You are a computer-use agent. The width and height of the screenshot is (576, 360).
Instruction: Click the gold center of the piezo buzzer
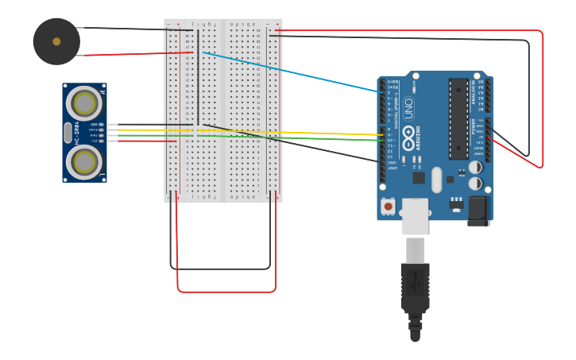click(x=56, y=41)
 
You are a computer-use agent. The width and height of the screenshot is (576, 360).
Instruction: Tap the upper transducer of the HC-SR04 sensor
click(x=83, y=103)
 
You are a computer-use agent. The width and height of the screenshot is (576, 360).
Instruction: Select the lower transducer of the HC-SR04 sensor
click(x=83, y=162)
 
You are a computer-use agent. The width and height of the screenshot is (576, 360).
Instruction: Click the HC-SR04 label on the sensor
click(x=77, y=132)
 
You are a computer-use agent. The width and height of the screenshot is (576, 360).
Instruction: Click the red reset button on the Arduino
click(x=388, y=207)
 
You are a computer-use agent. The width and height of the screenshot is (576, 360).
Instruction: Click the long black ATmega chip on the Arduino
click(x=458, y=118)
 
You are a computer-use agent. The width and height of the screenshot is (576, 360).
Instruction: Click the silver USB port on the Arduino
click(x=415, y=216)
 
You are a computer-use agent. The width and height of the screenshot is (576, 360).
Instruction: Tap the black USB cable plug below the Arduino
click(x=415, y=290)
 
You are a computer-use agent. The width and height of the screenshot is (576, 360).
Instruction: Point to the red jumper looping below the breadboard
click(x=226, y=292)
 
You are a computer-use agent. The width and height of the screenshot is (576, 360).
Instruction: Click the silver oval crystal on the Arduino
click(x=436, y=180)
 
